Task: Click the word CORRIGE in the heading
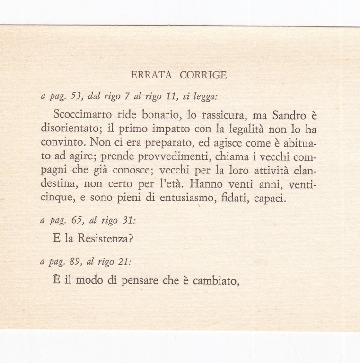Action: [203, 75]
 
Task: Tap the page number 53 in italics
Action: [76, 96]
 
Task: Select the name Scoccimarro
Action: [85, 114]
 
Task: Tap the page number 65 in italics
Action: [76, 221]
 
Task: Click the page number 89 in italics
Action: [76, 262]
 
